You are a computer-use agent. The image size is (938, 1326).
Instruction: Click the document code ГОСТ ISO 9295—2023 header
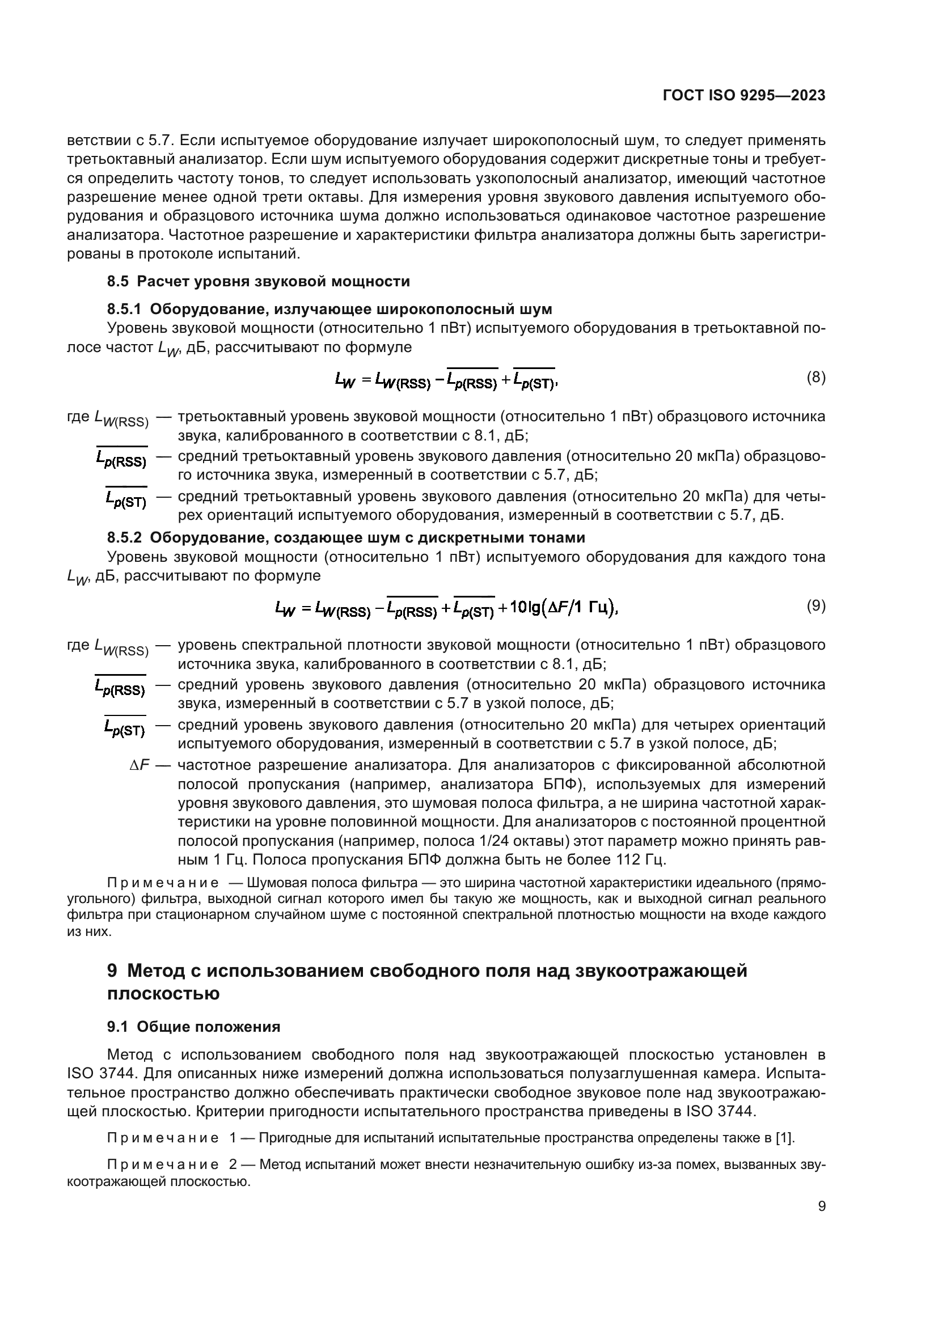click(x=744, y=96)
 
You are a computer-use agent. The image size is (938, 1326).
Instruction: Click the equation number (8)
click(x=816, y=378)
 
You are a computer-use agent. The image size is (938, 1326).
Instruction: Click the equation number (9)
click(x=816, y=605)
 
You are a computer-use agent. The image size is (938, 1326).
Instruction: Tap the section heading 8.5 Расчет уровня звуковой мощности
click(x=258, y=281)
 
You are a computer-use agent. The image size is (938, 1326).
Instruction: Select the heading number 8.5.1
click(x=124, y=310)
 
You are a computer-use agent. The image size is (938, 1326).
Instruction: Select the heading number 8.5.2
click(x=124, y=537)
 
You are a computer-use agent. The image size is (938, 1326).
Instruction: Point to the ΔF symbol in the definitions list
click(x=139, y=765)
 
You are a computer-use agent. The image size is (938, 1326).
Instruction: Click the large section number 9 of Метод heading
click(x=112, y=971)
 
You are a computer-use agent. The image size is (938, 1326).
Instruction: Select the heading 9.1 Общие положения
click(x=193, y=1027)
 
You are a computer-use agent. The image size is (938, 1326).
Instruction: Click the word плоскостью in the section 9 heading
click(x=163, y=994)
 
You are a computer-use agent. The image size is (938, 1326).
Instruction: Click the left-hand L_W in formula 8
click(x=345, y=380)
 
